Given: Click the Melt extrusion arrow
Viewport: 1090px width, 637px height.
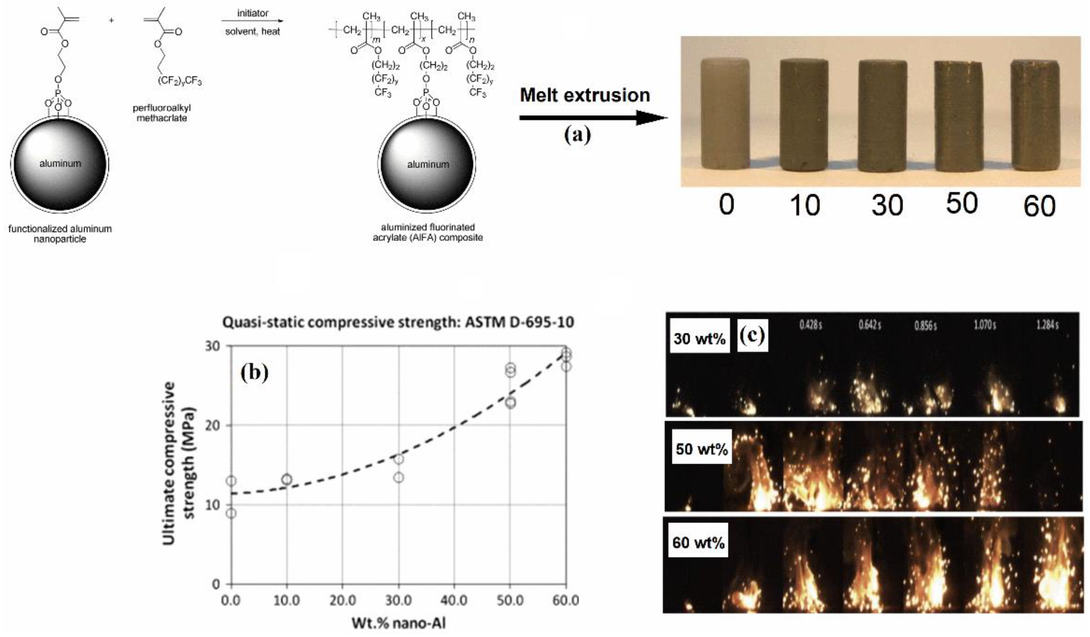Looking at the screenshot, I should tap(593, 117).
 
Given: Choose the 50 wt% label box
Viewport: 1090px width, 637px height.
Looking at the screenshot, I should tap(702, 449).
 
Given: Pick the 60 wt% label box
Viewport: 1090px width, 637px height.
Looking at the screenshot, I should tap(698, 542).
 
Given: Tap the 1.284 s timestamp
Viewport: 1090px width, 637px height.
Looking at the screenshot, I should tap(1047, 325).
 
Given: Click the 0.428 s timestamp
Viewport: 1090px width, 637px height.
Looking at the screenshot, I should tap(810, 325).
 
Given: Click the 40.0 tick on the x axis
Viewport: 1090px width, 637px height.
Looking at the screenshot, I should tap(454, 600).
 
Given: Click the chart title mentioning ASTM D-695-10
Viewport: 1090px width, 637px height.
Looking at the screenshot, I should tap(398, 322).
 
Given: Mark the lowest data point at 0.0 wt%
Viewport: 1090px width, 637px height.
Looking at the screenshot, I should tap(231, 513).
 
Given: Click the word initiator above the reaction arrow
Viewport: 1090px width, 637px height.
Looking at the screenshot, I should tap(253, 13).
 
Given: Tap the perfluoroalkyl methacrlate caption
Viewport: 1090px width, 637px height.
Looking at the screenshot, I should tap(162, 113).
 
